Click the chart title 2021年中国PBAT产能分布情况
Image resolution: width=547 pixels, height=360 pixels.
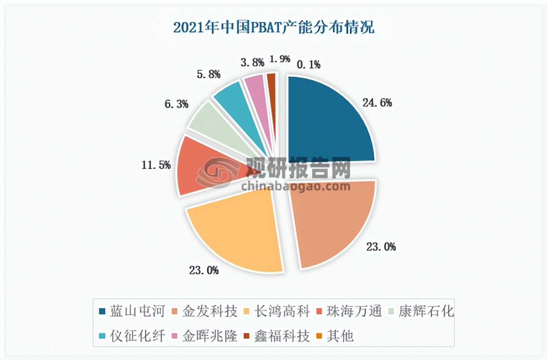click(273, 28)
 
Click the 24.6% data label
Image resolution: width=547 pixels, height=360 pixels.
click(377, 103)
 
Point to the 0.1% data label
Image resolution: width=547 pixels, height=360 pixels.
click(308, 65)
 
